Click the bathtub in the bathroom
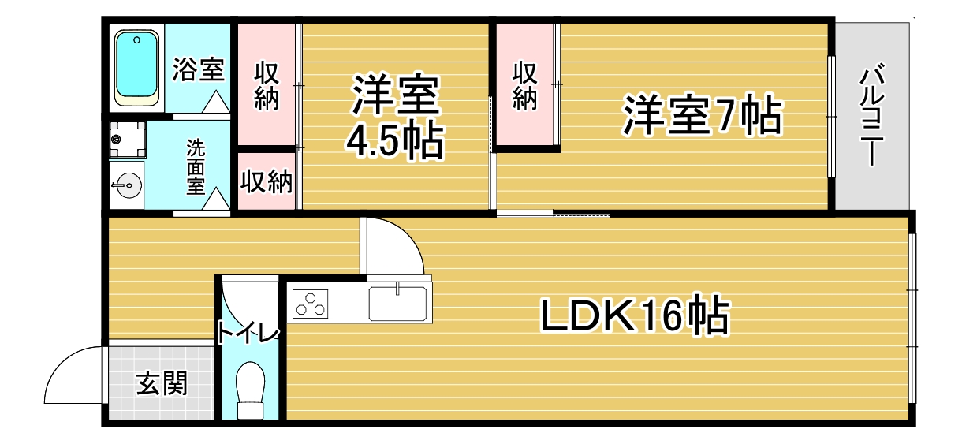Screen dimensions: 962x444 (136, 68)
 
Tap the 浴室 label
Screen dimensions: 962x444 (199, 69)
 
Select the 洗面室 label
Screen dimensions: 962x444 (196, 166)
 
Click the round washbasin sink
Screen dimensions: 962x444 (127, 185)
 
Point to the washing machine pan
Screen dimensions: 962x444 (128, 139)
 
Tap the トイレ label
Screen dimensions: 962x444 (248, 334)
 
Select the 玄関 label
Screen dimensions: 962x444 (162, 383)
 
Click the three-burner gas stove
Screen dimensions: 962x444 (310, 304)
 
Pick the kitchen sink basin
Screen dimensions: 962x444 (397, 304)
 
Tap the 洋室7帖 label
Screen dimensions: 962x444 (703, 115)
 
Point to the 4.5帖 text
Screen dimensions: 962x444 (394, 140)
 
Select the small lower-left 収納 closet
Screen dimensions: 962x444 (267, 181)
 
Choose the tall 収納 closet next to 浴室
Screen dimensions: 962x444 (267, 84)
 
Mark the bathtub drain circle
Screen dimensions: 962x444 (136, 40)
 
